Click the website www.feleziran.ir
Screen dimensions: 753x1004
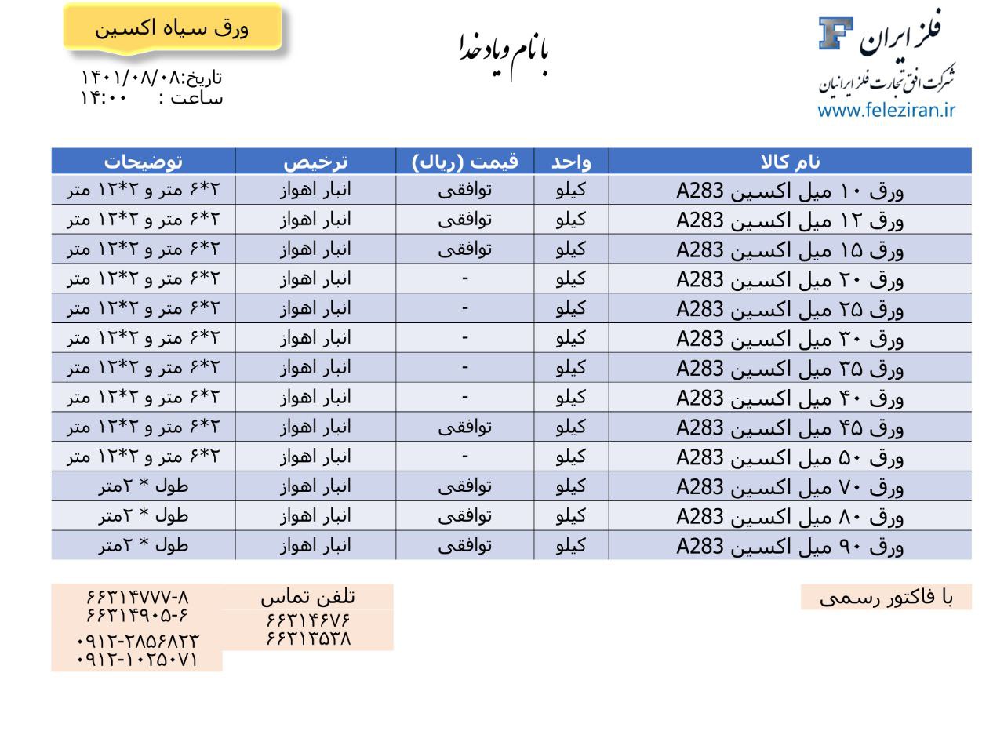[886, 110]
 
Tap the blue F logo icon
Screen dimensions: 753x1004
[835, 33]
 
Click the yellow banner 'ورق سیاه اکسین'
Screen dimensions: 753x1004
[172, 28]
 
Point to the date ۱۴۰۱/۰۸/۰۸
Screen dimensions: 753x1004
[130, 78]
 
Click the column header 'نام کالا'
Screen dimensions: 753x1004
[790, 162]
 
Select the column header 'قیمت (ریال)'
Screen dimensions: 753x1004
[464, 162]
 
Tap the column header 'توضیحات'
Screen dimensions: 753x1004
[144, 162]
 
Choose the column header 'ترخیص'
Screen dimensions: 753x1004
[315, 162]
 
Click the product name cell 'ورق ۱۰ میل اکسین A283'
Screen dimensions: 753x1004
[790, 191]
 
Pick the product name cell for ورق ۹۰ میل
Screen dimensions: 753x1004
[790, 546]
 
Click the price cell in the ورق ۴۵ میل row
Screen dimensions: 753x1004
[464, 427]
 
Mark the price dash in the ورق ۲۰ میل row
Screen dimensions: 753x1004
[464, 278]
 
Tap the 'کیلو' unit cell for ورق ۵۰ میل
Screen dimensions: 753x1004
[570, 457]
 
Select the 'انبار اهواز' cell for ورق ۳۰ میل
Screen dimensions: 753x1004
[315, 338]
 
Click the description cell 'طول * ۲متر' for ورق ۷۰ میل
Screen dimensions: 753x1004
[144, 486]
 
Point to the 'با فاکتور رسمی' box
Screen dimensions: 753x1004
[886, 598]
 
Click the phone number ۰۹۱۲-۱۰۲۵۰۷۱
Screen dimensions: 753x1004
[137, 660]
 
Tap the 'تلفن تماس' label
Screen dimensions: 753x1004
[307, 598]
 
